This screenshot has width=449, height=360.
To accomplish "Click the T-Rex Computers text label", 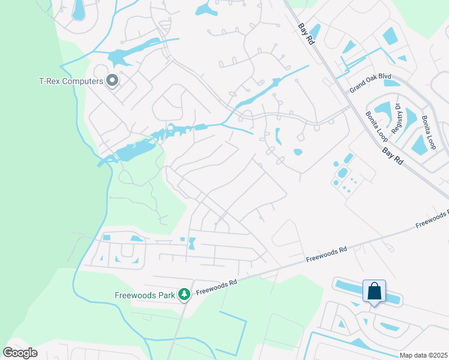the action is click(71, 80).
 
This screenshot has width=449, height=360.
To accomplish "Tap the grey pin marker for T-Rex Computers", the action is click(112, 80).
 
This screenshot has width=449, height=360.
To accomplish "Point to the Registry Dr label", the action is click(397, 118).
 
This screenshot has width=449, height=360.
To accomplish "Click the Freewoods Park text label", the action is click(145, 295).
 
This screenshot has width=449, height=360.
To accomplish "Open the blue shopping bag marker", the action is click(374, 292).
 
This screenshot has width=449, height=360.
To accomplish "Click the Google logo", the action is click(20, 353).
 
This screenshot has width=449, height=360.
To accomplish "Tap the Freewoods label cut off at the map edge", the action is click(432, 219).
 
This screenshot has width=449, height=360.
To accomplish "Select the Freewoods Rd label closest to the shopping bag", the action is click(327, 254).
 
